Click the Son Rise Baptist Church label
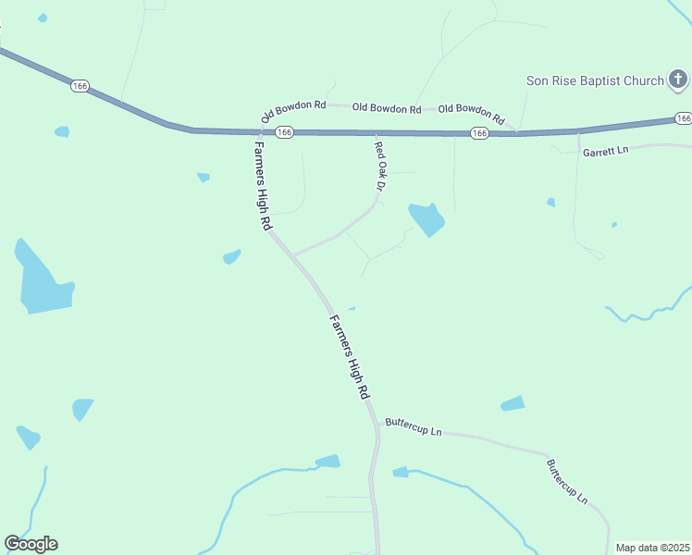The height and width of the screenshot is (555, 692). coord(595,80)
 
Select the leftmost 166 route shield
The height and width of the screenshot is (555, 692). coord(80,86)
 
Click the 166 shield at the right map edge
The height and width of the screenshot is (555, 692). coord(683,117)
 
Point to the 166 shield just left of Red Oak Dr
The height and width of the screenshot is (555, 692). coord(284,132)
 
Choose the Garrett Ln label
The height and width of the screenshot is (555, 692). coord(605,150)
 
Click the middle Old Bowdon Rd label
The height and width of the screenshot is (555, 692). coord(387,108)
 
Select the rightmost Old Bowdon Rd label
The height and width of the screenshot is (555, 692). coord(471,113)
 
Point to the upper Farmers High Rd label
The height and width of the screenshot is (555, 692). coord(262,185)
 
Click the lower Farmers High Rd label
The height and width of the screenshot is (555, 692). coord(350,356)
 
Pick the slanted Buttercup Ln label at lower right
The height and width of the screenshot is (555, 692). coord(566,481)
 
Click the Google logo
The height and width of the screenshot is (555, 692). coord(31,544)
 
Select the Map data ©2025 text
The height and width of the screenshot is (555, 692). coord(653,548)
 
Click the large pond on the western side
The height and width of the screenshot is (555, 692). coord(42,282)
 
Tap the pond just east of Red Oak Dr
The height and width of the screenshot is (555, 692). coord(426,218)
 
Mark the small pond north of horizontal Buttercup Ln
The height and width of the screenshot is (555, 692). coord(513,403)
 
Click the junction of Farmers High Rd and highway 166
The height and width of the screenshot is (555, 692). coord(253,131)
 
